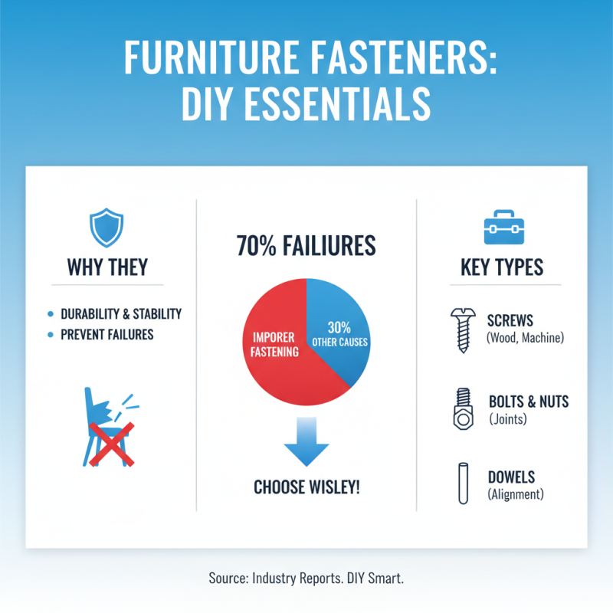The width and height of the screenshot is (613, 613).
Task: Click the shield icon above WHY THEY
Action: click(x=107, y=228)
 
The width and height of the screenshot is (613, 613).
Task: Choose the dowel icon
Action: click(x=462, y=484)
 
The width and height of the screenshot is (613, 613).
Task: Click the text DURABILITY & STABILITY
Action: click(x=121, y=314)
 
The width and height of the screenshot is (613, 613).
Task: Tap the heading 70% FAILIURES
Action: click(x=306, y=245)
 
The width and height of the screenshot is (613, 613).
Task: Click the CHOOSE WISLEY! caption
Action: click(x=306, y=487)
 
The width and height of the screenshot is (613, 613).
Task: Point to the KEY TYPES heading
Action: click(x=502, y=267)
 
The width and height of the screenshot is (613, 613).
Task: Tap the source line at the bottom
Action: click(x=306, y=579)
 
